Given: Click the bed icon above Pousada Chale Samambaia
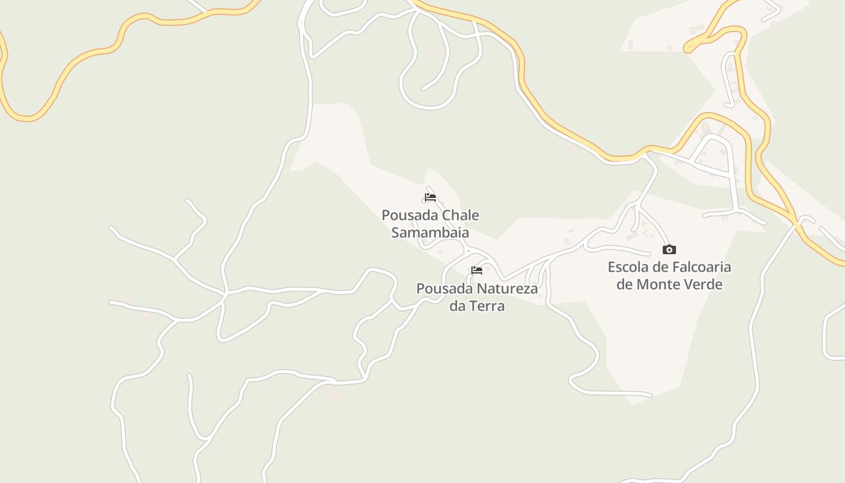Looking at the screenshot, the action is [x=430, y=197].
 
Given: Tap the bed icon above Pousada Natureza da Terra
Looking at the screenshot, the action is [x=477, y=270].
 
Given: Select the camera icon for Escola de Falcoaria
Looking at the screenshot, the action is [x=669, y=249].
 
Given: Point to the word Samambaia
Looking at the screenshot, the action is [x=430, y=232].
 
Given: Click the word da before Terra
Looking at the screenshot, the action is [x=458, y=305].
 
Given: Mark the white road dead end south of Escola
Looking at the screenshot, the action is [x=651, y=396].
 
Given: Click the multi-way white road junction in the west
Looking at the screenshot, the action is [x=225, y=294].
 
